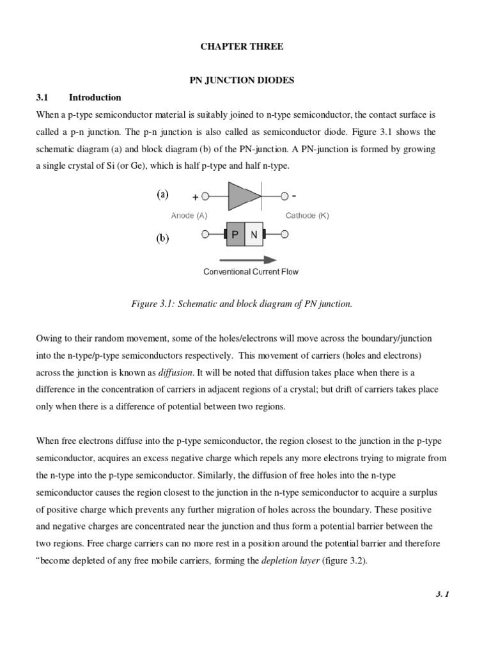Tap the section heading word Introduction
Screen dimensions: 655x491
pos(95,98)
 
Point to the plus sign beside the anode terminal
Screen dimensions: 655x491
pos(195,198)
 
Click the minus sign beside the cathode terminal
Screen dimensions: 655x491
pos(293,196)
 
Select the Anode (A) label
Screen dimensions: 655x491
pos(189,216)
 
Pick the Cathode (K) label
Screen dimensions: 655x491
pos(307,216)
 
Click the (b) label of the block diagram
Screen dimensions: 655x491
pos(162,239)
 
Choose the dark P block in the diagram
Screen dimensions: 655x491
pos(235,235)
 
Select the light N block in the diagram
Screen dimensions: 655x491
pos(254,235)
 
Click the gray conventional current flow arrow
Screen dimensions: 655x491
pos(248,260)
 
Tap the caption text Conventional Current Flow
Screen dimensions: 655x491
pos(251,272)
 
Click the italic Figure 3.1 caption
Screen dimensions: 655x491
pos(242,304)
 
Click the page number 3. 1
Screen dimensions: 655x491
pos(443,594)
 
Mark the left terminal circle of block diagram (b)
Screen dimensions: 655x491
pos(205,235)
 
